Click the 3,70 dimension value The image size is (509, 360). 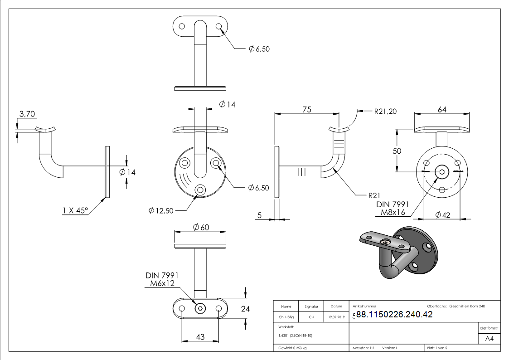click(x=26, y=114)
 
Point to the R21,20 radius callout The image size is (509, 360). click(x=385, y=111)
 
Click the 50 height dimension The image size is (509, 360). click(x=397, y=151)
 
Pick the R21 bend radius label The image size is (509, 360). click(x=374, y=195)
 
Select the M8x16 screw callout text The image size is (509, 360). click(x=393, y=212)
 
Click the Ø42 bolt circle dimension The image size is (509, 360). click(x=443, y=215)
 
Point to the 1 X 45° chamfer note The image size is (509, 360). click(x=75, y=210)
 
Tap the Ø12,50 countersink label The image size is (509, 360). click(x=161, y=210)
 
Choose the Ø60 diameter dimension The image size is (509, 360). click(x=201, y=227)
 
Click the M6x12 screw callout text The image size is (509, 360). click(x=163, y=284)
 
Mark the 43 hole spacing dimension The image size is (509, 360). click(x=200, y=336)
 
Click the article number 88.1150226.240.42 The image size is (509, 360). click(x=394, y=315)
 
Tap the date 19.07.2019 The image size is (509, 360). click(x=336, y=317)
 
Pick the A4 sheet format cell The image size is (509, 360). click(x=490, y=339)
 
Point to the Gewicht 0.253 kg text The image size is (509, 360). click(x=293, y=348)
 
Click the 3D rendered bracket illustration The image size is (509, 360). click(x=399, y=252)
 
